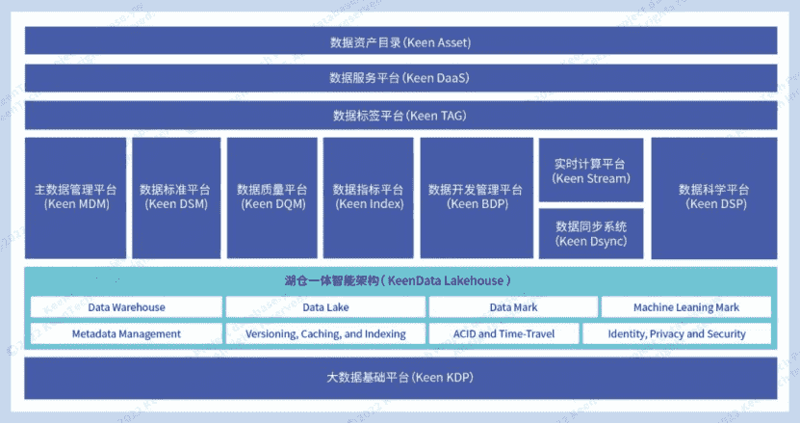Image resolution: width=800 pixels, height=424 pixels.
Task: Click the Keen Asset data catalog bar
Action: tap(400, 41)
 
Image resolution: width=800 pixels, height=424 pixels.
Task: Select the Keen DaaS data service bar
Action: tap(400, 78)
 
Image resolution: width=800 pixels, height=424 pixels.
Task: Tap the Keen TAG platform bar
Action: tap(400, 116)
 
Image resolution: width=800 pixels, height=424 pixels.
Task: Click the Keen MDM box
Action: tap(76, 197)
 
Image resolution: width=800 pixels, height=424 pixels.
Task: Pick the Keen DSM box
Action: tap(176, 197)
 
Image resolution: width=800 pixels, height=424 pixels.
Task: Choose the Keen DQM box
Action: tap(271, 197)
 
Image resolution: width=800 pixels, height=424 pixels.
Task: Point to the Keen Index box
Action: tap(368, 197)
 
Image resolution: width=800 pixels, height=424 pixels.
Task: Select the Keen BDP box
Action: tap(476, 197)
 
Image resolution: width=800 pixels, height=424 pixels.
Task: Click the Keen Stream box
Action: tap(591, 171)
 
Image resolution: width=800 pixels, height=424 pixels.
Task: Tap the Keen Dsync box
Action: tap(591, 233)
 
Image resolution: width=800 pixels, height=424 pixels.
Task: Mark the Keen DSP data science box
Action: tap(713, 197)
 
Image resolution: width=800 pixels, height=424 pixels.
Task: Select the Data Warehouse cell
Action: tap(126, 307)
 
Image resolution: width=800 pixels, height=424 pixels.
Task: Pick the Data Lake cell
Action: tap(325, 307)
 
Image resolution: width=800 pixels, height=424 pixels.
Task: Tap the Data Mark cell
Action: tap(513, 307)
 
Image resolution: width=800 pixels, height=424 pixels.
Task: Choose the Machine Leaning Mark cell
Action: tap(686, 307)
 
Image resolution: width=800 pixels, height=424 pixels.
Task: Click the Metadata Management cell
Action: tap(126, 333)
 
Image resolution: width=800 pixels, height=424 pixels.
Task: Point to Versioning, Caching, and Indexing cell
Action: tap(325, 333)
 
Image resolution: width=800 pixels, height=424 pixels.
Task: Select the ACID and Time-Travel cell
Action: tap(503, 333)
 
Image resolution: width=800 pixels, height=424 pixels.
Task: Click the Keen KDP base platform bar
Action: tap(400, 377)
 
